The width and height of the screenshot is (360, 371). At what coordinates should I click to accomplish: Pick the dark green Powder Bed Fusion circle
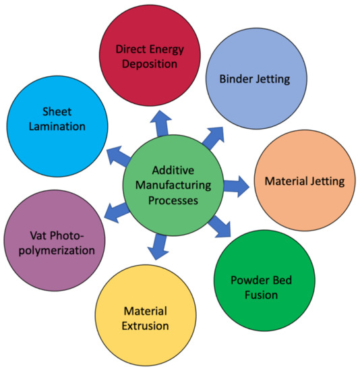pos(260,287)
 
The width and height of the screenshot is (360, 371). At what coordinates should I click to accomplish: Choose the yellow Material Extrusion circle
pos(145,317)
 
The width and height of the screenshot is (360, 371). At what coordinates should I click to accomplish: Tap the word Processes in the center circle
pos(173,201)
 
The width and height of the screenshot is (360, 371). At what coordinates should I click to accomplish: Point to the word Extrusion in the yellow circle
pos(145,326)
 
